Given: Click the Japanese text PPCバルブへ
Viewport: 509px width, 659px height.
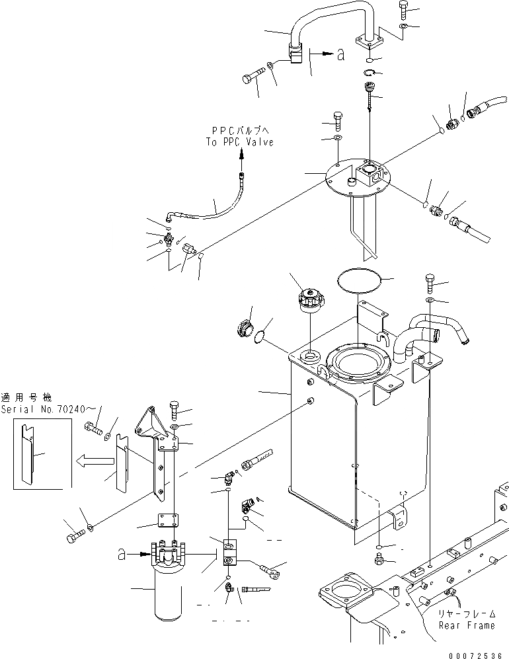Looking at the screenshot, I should point(240,131).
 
